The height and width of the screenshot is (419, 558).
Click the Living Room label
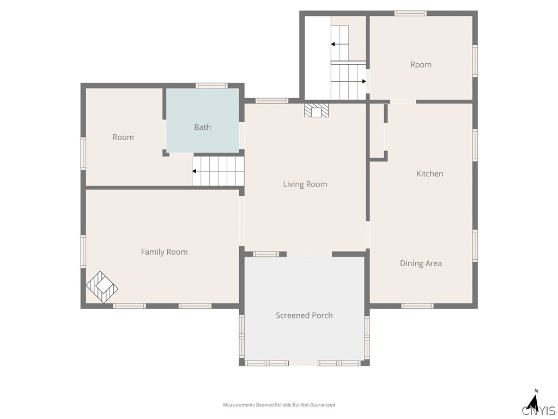tap(305, 184)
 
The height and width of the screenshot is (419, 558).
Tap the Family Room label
tap(164, 252)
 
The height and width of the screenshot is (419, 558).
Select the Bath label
tap(203, 127)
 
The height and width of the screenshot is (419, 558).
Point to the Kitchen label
tap(430, 173)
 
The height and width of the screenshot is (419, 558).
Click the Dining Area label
tap(421, 264)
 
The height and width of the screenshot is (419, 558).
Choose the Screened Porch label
tap(304, 315)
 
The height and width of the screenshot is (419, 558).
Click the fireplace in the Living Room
tap(317, 110)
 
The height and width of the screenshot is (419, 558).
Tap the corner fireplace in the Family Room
tap(102, 287)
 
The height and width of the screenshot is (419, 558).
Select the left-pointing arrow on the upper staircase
tap(340, 44)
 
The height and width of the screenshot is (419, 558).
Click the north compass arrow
tap(534, 402)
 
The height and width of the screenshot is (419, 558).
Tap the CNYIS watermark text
tap(539, 410)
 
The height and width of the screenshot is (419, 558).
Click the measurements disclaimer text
tap(279, 405)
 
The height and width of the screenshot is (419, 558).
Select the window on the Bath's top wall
tap(211, 86)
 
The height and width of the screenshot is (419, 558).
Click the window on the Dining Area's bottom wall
tap(417, 306)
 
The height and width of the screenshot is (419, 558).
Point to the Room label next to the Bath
tap(123, 137)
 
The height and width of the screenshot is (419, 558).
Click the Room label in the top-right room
tap(421, 64)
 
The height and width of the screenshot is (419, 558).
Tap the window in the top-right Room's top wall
tap(410, 14)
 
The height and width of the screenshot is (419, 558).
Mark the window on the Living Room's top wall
tap(272, 101)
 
